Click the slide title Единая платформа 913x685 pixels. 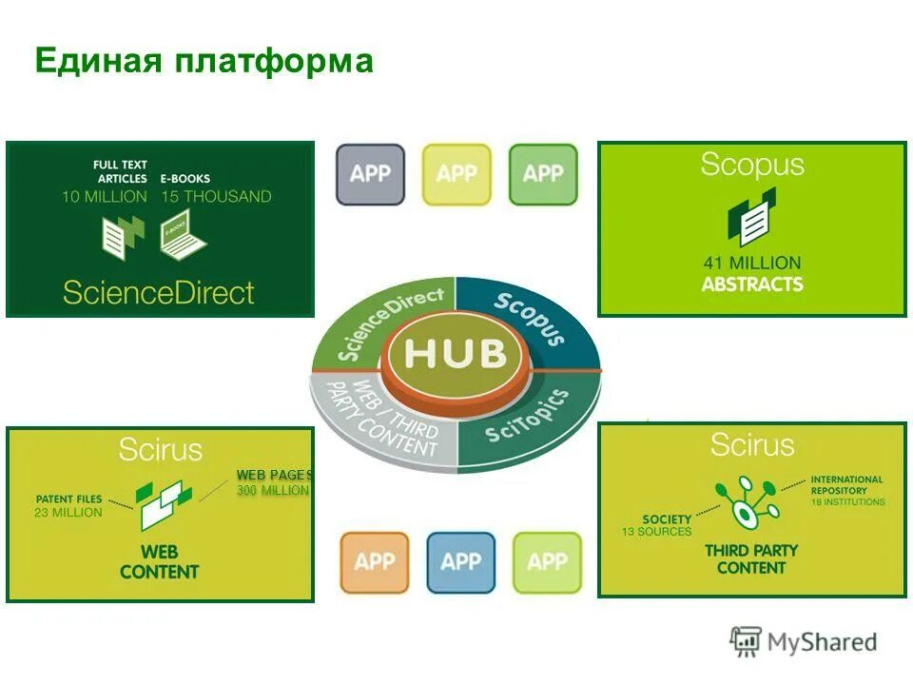(204, 62)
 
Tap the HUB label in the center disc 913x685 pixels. (456, 354)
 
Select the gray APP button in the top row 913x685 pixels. (370, 174)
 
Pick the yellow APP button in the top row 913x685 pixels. (456, 174)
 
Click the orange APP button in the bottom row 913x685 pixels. (374, 561)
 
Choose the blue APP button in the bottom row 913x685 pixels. (460, 561)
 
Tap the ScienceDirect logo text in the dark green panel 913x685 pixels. (159, 291)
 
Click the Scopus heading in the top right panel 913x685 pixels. (751, 165)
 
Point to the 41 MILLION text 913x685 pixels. (751, 263)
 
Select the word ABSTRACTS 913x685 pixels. (751, 284)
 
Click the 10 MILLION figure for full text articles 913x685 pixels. (105, 197)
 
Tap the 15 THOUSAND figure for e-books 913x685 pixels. (215, 197)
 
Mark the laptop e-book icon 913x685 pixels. (183, 236)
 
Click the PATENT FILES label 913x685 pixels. (68, 499)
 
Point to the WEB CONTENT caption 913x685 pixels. (159, 561)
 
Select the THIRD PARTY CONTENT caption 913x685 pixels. (751, 558)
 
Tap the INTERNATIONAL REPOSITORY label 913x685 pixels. (846, 485)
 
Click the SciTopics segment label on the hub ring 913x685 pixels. (527, 420)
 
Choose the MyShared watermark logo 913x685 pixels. (804, 641)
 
